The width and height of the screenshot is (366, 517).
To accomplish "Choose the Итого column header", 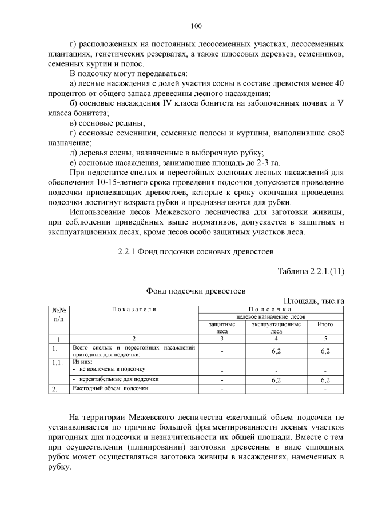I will click(325, 324).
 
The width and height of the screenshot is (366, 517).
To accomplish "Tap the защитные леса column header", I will click(222, 327).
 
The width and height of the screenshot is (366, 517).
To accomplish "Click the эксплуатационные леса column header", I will click(276, 327).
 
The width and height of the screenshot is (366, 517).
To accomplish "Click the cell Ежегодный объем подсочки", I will click(111, 389).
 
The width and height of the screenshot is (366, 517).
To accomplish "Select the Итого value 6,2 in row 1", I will click(325, 351).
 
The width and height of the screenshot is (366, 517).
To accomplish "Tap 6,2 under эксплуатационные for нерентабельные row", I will click(276, 379).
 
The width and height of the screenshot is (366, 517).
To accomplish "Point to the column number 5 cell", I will click(325, 339).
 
